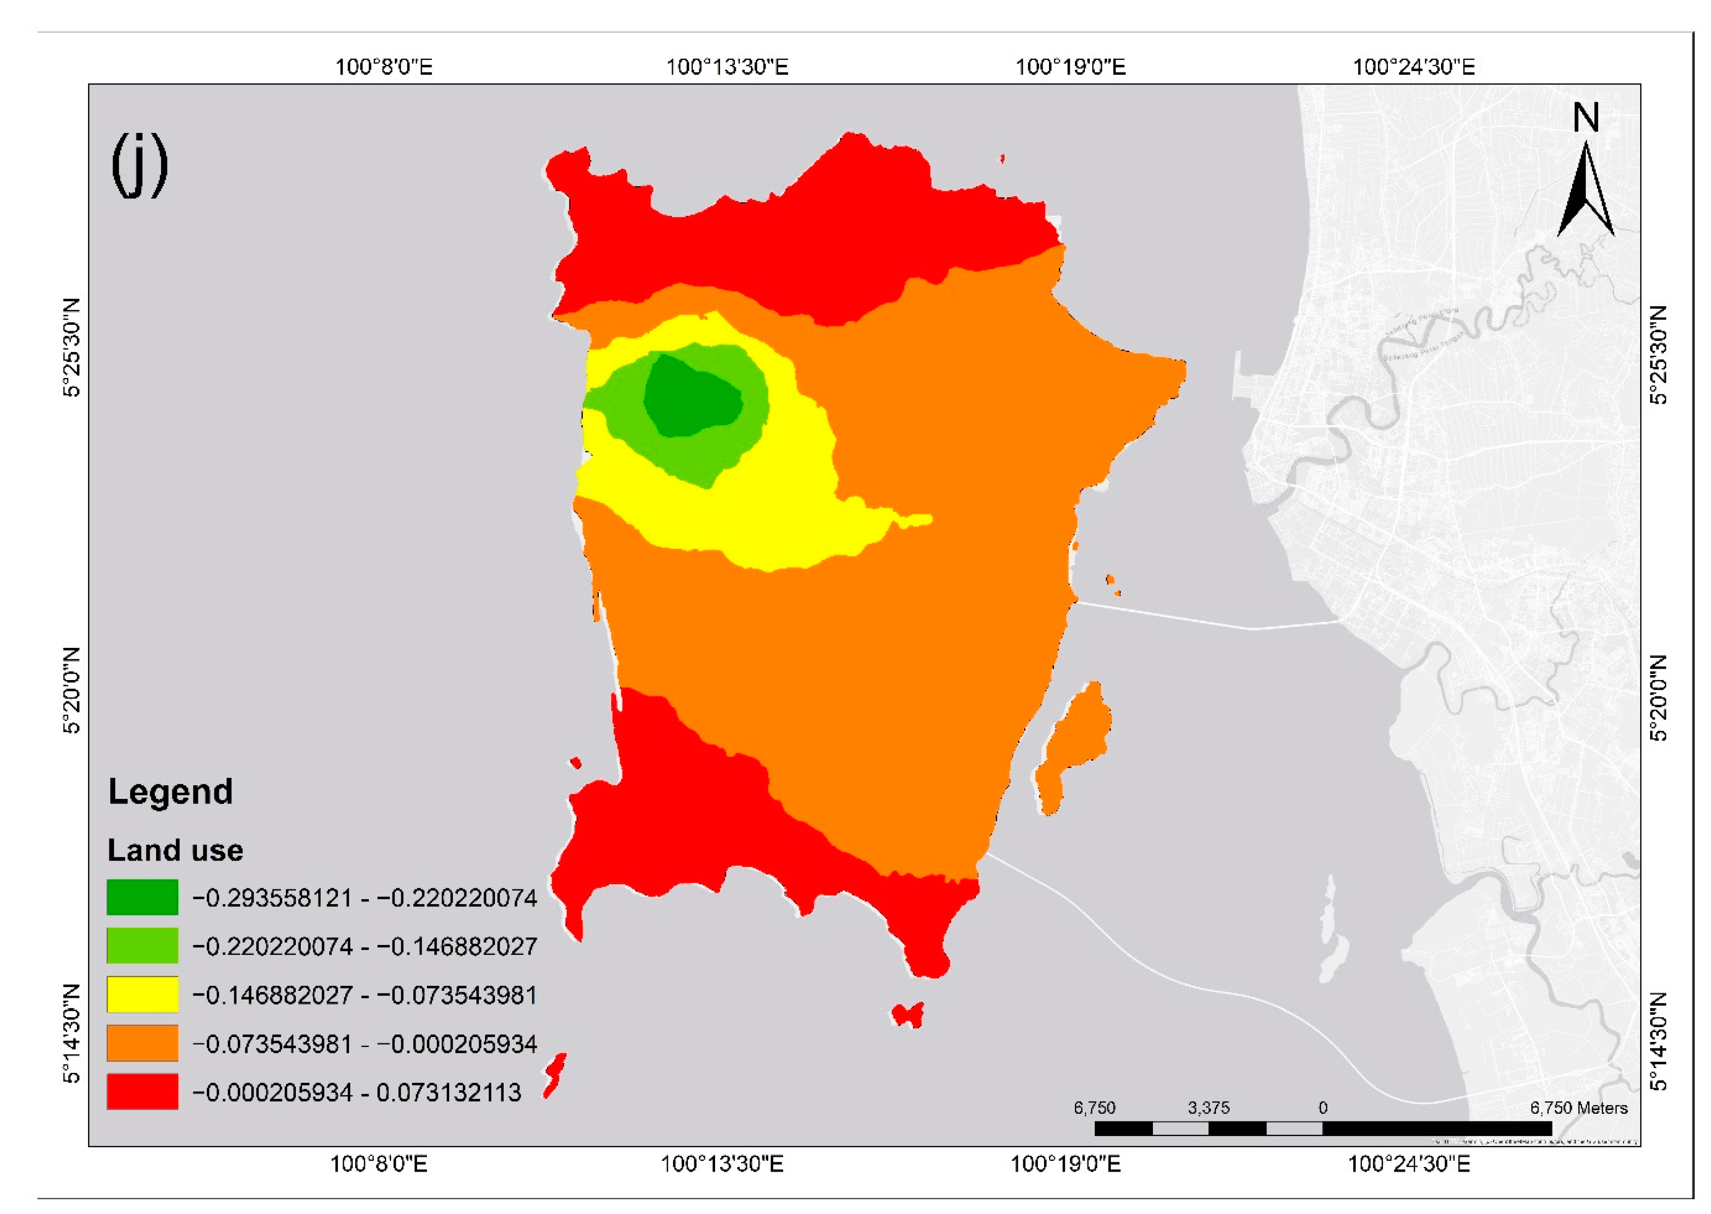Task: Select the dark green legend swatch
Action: [142, 897]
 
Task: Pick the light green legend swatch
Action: [142, 945]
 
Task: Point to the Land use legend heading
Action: [175, 851]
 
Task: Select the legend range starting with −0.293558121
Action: [364, 898]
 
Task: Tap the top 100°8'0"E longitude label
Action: [383, 67]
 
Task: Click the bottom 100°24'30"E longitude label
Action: [1409, 1164]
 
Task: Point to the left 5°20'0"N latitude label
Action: [72, 691]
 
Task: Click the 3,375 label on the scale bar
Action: [1209, 1108]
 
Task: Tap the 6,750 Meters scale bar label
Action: [1579, 1108]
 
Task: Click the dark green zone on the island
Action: [691, 396]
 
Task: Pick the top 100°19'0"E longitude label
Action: [1069, 67]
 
